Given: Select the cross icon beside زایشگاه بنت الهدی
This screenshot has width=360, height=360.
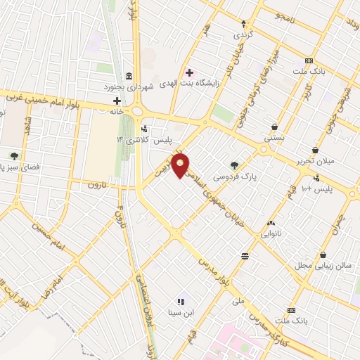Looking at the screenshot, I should pyautogui.click(x=189, y=72).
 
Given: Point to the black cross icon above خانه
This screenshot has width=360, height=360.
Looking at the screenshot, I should pyautogui.click(x=117, y=101).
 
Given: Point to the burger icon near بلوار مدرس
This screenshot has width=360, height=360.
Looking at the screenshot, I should pyautogui.click(x=244, y=257).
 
